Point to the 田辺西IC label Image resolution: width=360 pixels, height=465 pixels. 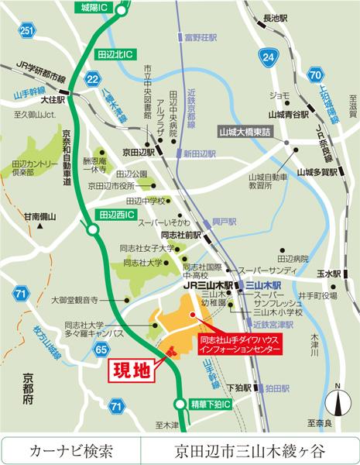pyautogui.click(x=117, y=212)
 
